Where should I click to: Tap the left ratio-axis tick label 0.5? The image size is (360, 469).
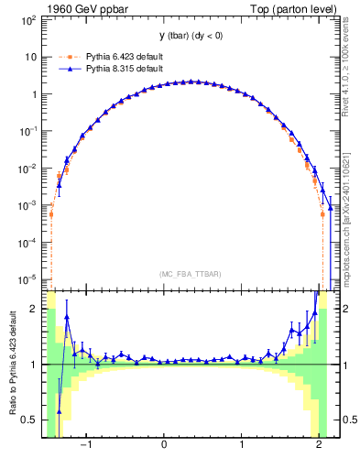[x=29, y=420]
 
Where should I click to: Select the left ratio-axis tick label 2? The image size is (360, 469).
[x=34, y=309]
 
